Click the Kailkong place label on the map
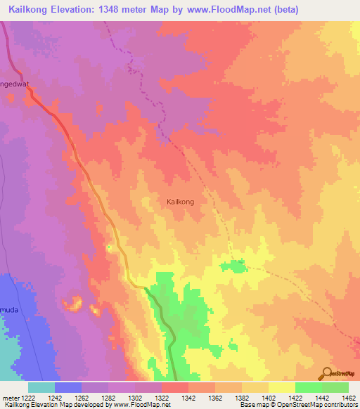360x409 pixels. [x=180, y=202]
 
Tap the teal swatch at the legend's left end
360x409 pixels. [x=41, y=387]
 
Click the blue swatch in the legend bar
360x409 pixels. [x=67, y=387]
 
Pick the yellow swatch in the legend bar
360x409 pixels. [x=281, y=387]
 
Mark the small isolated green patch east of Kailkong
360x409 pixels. [x=231, y=266]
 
